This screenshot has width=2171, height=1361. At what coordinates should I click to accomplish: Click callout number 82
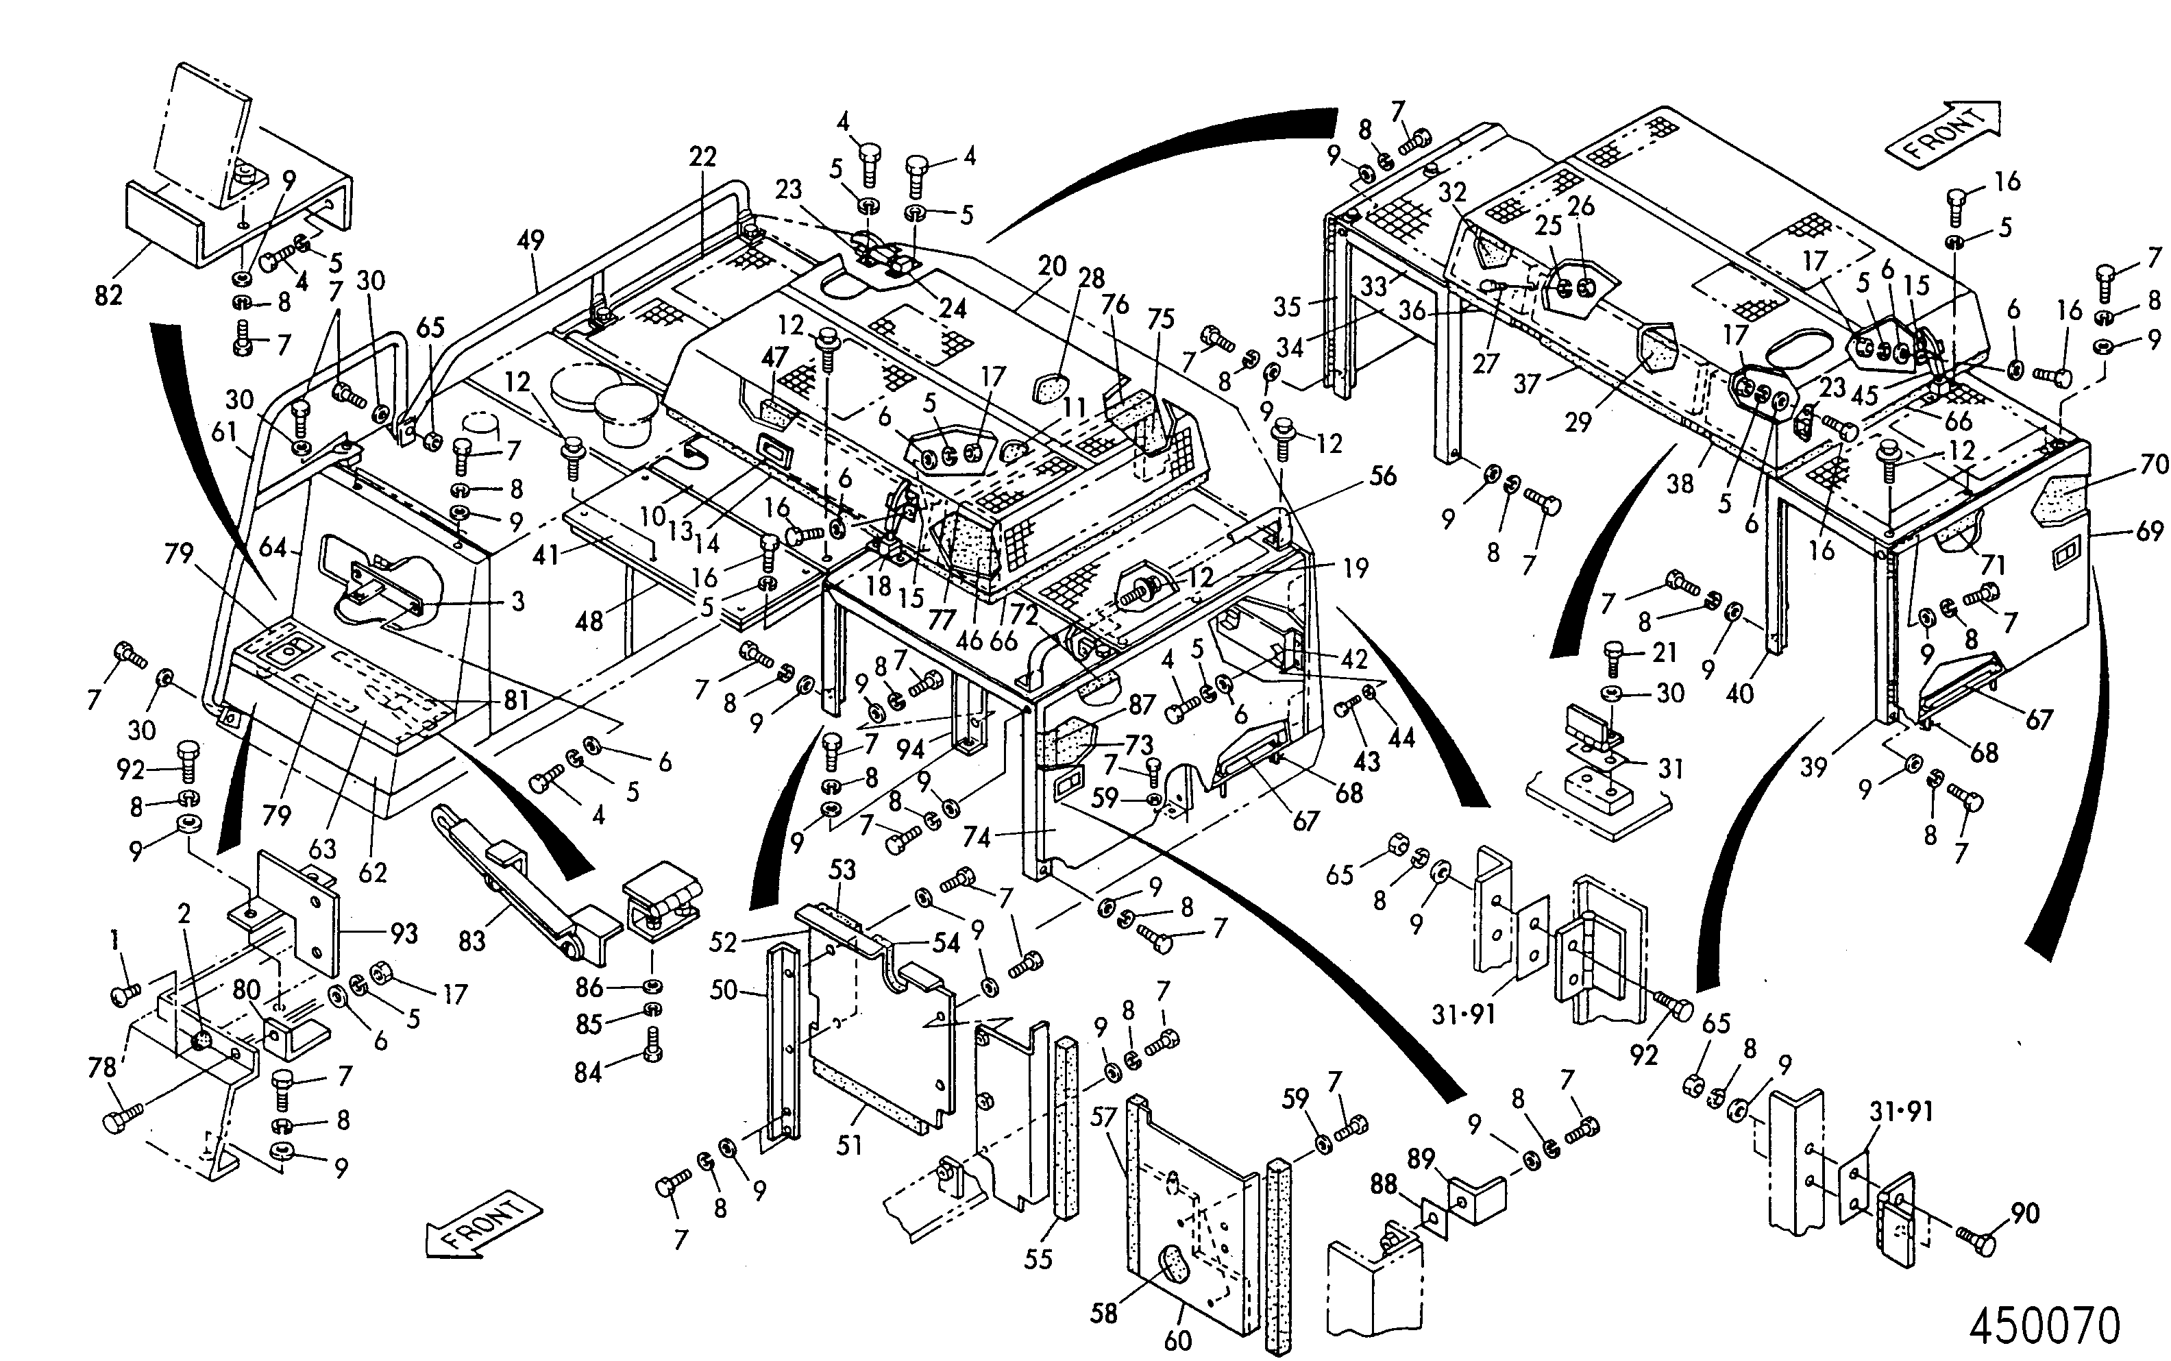(108, 295)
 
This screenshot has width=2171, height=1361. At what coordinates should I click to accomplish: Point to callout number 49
(531, 241)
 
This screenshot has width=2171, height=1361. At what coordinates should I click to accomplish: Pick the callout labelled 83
(471, 942)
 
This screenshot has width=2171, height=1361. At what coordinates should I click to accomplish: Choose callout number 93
(404, 934)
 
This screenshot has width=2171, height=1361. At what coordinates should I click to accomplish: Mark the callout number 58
(1103, 1313)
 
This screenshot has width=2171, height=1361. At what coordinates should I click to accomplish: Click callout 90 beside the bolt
(2024, 1214)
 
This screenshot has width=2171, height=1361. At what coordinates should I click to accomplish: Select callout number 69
(2149, 531)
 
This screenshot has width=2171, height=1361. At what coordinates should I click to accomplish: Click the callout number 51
(850, 1146)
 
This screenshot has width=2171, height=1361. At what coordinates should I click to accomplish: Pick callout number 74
(977, 838)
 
